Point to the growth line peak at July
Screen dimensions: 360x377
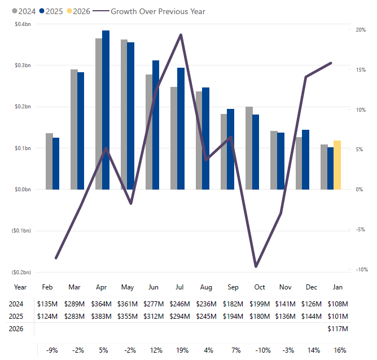click(x=181, y=35)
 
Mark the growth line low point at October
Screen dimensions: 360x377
click(x=256, y=266)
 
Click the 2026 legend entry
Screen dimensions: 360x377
click(x=78, y=11)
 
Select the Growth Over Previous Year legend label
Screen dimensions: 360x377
click(x=157, y=11)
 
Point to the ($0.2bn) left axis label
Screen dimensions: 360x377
click(x=21, y=272)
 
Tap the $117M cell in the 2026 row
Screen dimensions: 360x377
click(x=337, y=328)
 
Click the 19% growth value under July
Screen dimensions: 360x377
click(x=183, y=350)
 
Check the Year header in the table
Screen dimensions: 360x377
click(x=20, y=287)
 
